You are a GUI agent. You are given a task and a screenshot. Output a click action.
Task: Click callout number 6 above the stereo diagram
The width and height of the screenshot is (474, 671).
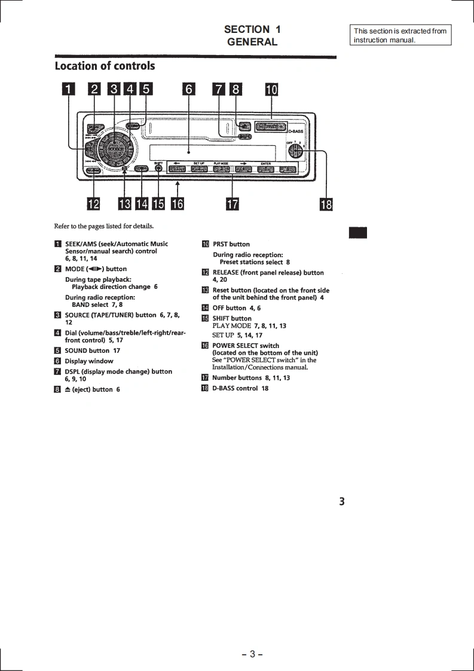pos(189,90)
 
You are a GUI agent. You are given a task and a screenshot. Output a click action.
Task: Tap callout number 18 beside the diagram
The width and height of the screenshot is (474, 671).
pos(326,205)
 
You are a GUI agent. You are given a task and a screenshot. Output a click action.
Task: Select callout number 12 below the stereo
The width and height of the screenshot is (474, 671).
pos(93,205)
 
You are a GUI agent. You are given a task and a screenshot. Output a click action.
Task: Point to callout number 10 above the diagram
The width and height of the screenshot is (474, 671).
pos(271,90)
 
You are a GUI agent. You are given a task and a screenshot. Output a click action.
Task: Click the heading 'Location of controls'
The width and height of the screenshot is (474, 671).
pos(105,66)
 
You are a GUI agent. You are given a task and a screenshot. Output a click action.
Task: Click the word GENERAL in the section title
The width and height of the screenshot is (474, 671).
pos(252,42)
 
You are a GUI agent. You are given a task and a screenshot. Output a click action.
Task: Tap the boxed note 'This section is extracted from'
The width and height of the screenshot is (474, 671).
pos(400,31)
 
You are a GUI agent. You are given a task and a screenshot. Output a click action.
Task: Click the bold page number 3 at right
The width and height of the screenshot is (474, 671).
pos(342,502)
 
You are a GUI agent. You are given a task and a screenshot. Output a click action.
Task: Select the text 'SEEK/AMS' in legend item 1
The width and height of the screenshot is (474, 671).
pos(81,244)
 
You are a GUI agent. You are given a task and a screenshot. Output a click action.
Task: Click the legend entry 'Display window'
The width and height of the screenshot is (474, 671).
pos(88,361)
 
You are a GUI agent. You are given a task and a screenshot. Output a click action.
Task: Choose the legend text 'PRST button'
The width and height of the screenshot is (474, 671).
pos(231,244)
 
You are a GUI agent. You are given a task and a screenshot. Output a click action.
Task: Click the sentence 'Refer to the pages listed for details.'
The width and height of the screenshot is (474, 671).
pos(103,226)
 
